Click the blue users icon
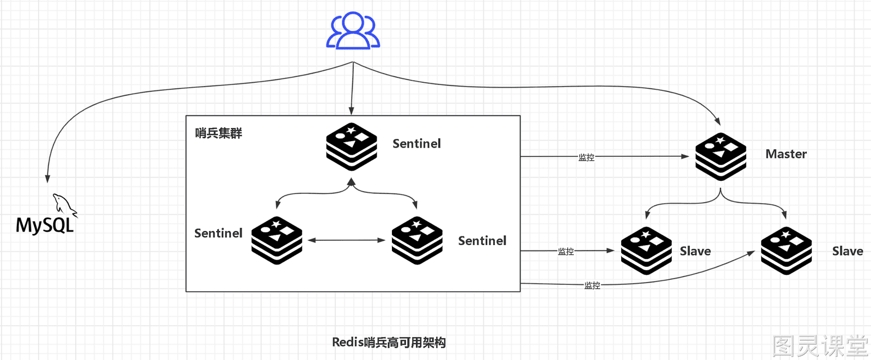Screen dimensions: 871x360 [353, 30]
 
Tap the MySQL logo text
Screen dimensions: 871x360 [45, 225]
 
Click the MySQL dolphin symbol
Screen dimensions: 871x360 [65, 204]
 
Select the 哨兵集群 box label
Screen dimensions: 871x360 [218, 133]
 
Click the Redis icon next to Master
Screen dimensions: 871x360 [721, 157]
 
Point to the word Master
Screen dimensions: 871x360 [786, 154]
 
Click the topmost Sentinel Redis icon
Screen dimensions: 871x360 [352, 147]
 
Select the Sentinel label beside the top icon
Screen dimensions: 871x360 [416, 144]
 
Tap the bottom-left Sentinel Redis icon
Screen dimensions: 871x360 [277, 241]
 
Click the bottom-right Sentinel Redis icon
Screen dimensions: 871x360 [417, 241]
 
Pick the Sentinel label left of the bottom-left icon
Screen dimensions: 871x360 [218, 233]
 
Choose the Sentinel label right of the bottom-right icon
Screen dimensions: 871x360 [482, 241]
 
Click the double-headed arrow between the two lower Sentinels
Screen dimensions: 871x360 [346, 240]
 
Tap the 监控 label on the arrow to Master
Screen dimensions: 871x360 [586, 157]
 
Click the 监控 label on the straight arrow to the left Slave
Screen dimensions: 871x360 [566, 252]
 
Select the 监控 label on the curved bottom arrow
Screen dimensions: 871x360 [592, 285]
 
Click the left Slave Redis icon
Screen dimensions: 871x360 [646, 251]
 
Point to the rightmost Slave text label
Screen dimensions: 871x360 [847, 252]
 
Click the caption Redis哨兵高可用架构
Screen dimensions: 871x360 [389, 343]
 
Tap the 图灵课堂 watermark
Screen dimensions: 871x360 [820, 346]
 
